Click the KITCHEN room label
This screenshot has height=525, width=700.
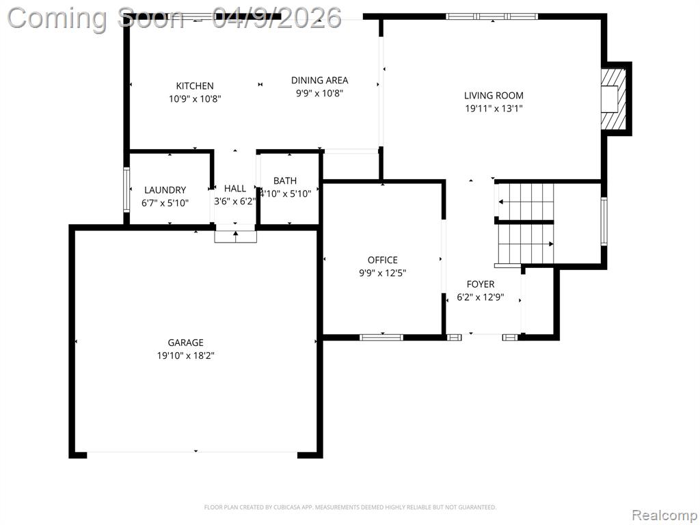tap(195, 85)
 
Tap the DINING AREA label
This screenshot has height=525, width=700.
tap(319, 81)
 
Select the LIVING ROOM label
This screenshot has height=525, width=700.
tap(494, 95)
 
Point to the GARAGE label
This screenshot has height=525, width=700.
tap(185, 342)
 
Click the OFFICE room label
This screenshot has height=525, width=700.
tap(383, 260)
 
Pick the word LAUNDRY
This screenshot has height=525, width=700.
tap(165, 190)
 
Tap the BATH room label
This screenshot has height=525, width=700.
tap(285, 180)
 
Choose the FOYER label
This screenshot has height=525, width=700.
tap(481, 284)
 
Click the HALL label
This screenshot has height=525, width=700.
tap(235, 189)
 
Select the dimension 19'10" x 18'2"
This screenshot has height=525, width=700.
tap(185, 355)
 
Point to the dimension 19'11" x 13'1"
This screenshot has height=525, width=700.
tap(494, 109)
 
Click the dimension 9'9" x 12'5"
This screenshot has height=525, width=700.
tap(383, 273)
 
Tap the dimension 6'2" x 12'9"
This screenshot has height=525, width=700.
tap(481, 297)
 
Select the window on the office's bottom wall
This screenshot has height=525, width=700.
tap(381, 338)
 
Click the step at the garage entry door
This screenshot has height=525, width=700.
tap(235, 237)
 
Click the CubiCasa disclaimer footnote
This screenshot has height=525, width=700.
tap(350, 507)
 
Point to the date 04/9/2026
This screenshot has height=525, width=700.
tap(277, 18)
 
